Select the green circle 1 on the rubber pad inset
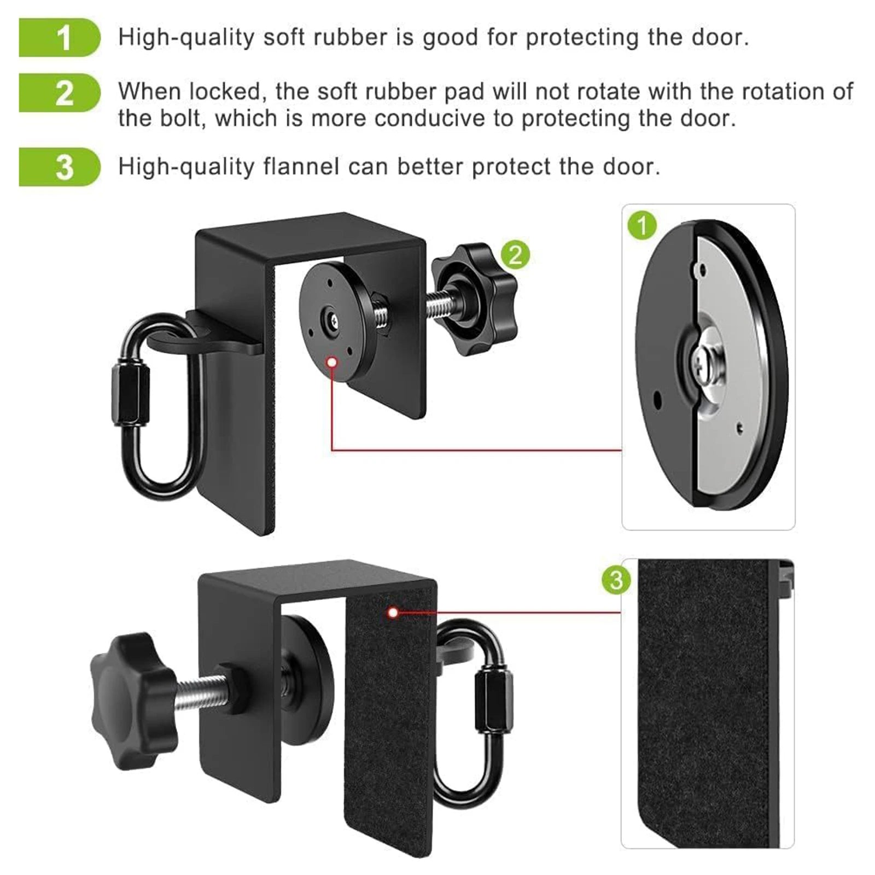(642, 225)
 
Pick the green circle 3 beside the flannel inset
(616, 580)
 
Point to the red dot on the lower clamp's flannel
(393, 612)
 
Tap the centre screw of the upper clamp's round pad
(332, 322)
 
